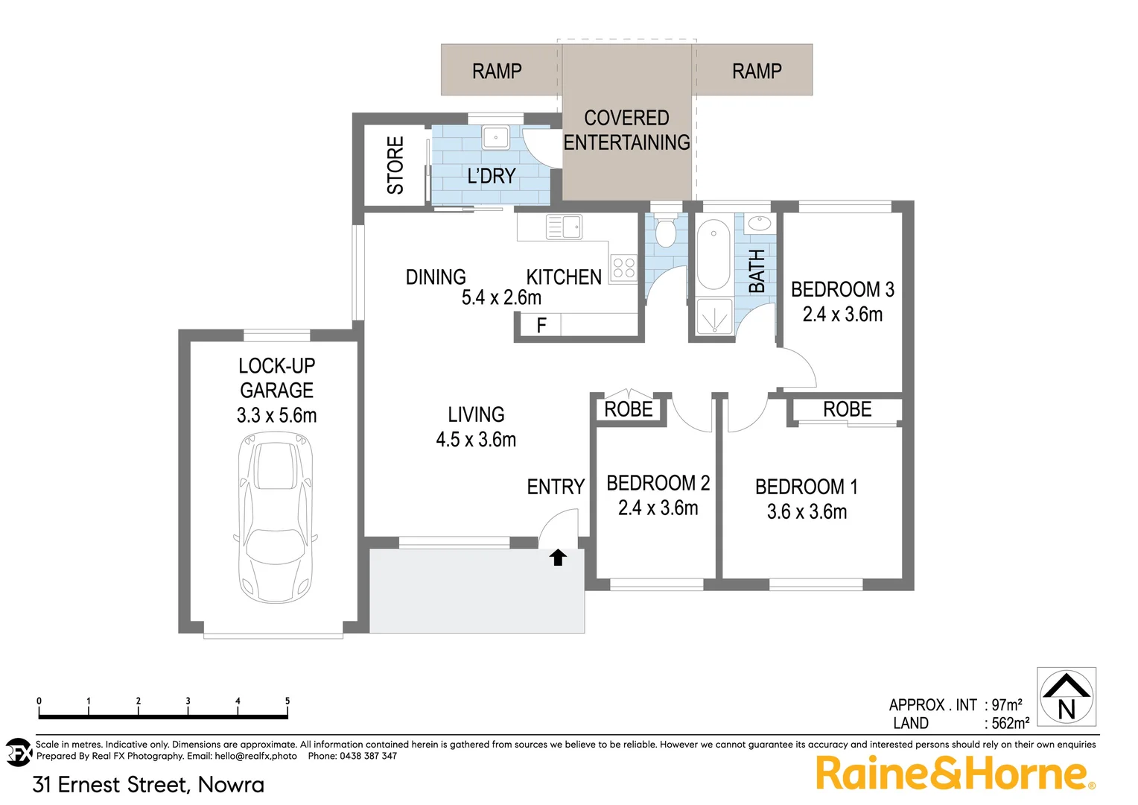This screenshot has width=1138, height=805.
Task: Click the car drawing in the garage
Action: point(275,519)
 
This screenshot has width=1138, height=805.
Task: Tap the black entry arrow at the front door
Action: point(558,557)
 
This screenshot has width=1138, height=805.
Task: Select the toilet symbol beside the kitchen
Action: point(665,232)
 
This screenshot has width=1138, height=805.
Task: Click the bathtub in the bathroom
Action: point(713,253)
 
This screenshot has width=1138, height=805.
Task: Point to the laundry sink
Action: point(495,138)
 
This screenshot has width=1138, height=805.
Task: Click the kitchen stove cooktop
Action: point(624,268)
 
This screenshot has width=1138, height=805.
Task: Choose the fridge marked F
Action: point(541,325)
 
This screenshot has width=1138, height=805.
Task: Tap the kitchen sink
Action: point(564,227)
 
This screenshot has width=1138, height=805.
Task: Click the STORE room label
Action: point(395,165)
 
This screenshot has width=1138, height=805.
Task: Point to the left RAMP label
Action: point(497,71)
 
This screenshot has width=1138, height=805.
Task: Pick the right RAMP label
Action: point(757,71)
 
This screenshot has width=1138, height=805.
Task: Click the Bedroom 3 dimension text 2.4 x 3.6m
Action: point(842,315)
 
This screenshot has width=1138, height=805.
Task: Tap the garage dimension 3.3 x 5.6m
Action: point(276,415)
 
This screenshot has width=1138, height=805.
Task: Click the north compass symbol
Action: point(1067,697)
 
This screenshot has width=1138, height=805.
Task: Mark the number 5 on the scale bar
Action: point(287,701)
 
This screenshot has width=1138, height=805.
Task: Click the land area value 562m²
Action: point(1010,723)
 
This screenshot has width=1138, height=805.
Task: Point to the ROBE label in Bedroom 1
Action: point(847,409)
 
